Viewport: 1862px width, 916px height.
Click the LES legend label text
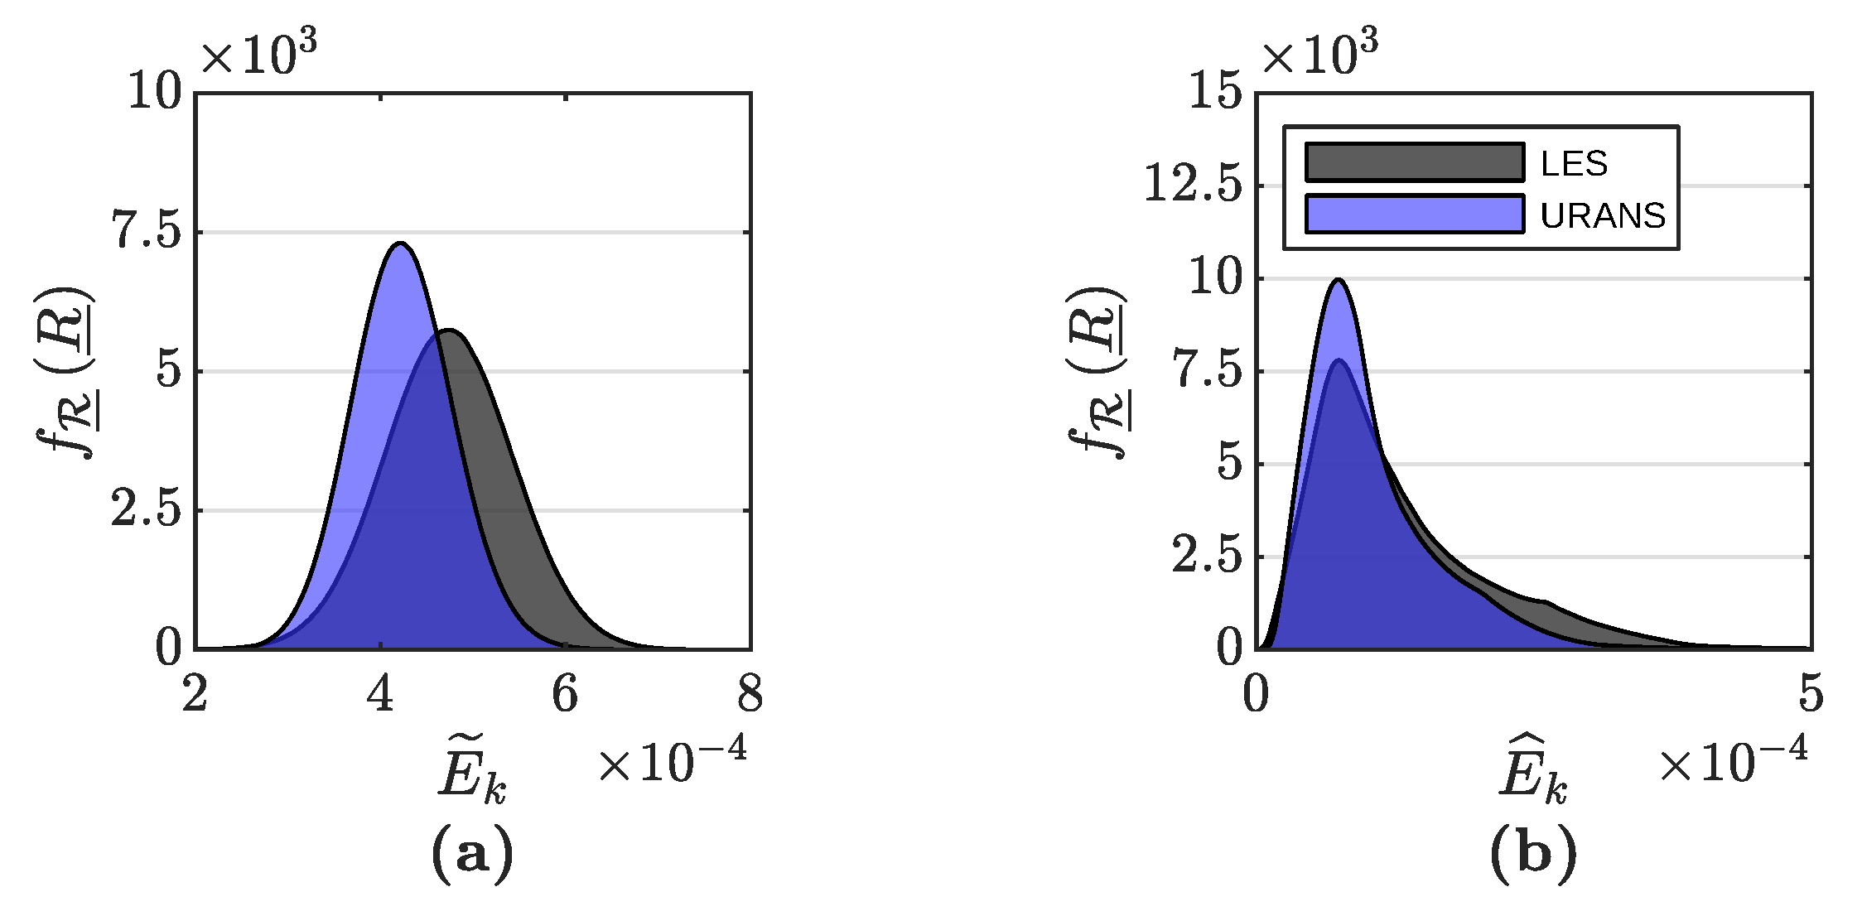[1574, 164]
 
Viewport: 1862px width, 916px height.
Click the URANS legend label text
[1603, 216]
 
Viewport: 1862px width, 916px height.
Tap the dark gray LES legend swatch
[1414, 162]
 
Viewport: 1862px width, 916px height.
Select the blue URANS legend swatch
[1414, 215]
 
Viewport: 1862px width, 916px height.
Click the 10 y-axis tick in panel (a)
[154, 94]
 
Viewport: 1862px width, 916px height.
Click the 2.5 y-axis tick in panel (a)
[146, 511]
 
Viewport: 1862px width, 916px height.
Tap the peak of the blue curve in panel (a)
[401, 243]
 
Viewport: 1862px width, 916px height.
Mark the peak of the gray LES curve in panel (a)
[449, 330]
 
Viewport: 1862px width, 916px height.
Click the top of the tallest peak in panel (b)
[1338, 279]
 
